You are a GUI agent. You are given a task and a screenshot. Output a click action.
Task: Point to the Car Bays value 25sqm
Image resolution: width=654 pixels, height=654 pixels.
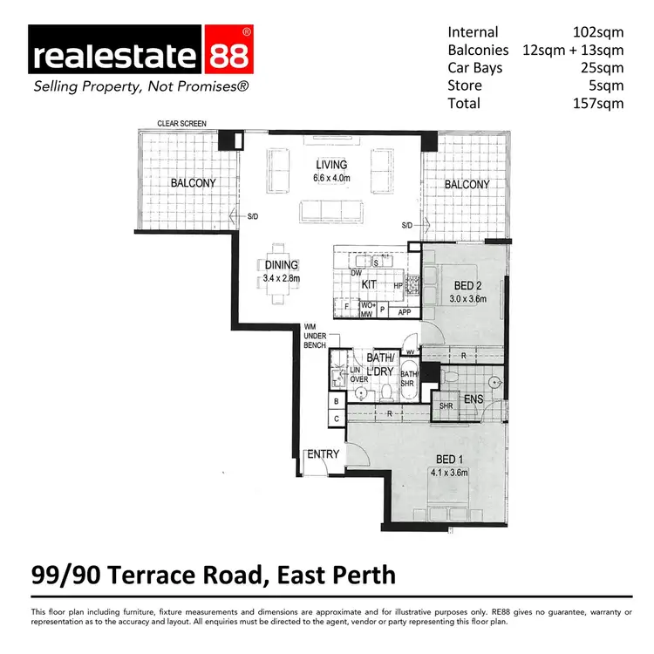pos(603,69)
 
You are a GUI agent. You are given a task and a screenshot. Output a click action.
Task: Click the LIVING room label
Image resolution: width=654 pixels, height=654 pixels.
pos(331,165)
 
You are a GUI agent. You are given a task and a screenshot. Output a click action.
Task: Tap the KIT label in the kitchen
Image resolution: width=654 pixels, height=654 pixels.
pos(369,284)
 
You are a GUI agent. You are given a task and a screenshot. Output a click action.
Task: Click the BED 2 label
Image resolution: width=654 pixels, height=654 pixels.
pos(468,286)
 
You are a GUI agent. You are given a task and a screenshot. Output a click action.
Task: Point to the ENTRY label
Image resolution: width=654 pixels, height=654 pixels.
pos(321,454)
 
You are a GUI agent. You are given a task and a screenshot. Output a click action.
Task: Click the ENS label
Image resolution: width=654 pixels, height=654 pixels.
pos(474,401)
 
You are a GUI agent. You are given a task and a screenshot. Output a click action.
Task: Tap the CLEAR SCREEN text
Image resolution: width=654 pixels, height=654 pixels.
pos(182,125)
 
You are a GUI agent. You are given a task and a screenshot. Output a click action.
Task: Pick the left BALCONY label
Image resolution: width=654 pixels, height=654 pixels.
pos(193,183)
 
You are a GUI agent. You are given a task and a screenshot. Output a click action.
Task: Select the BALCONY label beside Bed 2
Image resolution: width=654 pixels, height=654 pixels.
pos(467,184)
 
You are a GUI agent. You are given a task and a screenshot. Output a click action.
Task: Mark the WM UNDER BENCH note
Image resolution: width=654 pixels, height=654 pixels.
pos(315,335)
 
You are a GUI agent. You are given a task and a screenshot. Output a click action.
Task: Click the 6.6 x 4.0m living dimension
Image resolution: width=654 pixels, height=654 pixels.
pos(331,179)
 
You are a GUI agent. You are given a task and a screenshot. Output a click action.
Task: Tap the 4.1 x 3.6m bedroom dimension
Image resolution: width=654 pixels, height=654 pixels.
pos(449,473)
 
